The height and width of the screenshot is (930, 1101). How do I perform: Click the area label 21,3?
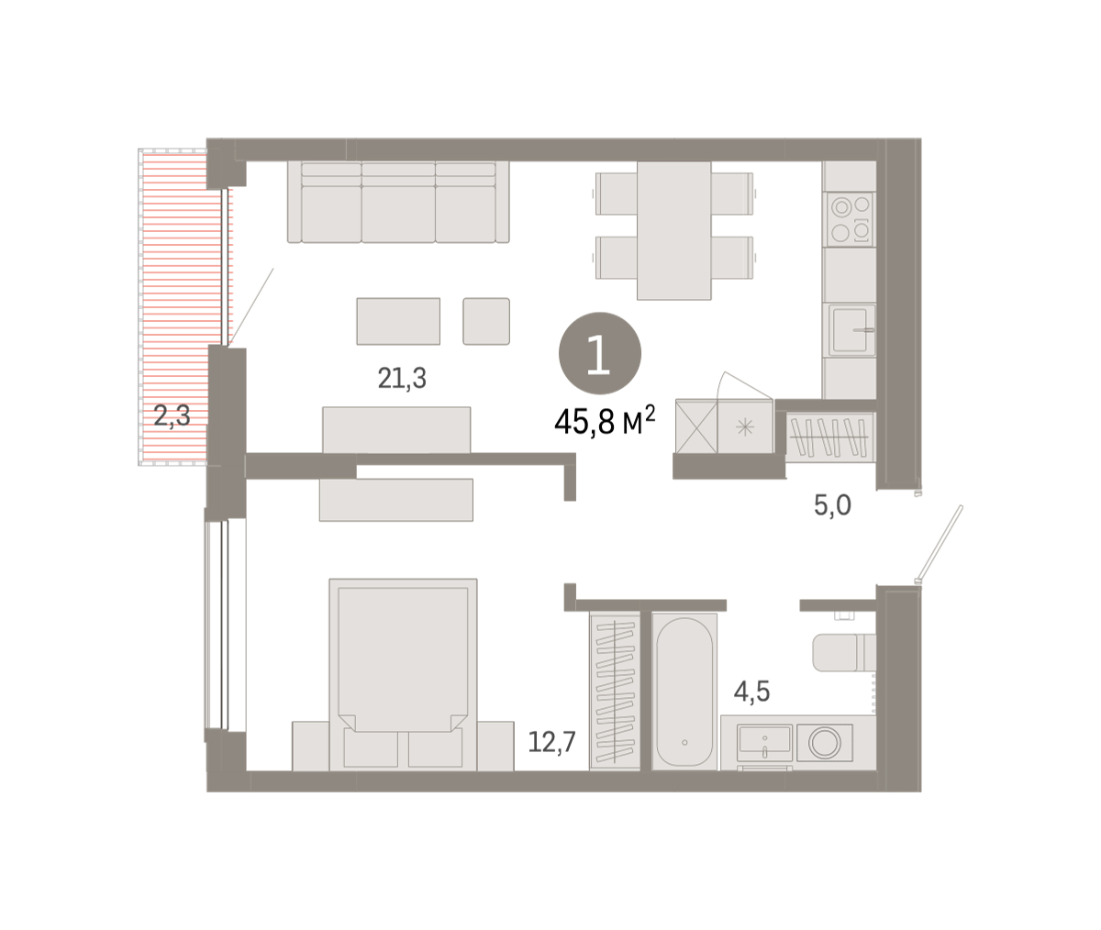[402, 379]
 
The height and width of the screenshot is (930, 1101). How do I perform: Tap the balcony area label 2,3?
[172, 416]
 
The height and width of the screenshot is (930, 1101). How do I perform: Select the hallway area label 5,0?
[832, 505]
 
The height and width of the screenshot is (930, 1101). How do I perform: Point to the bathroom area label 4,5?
[752, 692]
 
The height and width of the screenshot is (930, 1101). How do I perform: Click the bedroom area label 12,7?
[551, 742]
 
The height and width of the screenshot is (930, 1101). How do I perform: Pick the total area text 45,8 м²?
[605, 421]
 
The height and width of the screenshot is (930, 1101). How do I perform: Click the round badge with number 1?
[600, 353]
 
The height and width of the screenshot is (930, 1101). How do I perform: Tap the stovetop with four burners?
[850, 219]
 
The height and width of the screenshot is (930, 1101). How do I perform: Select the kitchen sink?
[850, 330]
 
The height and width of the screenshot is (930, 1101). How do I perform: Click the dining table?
[673, 230]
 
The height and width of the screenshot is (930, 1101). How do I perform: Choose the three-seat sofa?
[398, 202]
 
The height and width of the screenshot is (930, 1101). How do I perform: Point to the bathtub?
[684, 692]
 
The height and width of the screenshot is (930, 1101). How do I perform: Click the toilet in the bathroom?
[844, 652]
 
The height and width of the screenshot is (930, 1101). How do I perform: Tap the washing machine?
[825, 742]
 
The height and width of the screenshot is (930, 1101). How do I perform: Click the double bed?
[404, 674]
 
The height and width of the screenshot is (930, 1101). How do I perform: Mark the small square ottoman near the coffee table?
[486, 321]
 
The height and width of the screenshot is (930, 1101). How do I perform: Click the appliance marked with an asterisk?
[745, 426]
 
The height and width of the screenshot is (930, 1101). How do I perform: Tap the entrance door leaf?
[940, 544]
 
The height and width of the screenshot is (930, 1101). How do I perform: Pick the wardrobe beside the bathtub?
[615, 692]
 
